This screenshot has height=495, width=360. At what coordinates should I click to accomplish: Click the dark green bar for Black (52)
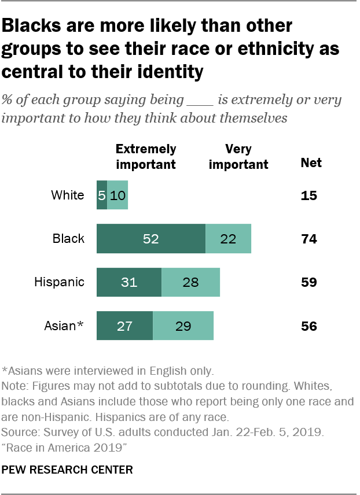point(151,239)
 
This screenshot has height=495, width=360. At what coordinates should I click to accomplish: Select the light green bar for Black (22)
point(228,239)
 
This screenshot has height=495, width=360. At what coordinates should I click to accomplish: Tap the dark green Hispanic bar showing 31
point(129,282)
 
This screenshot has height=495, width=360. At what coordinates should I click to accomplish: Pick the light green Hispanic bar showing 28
point(190,282)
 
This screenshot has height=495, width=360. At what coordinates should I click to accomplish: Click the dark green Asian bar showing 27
point(124,326)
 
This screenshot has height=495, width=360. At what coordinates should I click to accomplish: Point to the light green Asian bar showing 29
point(183,326)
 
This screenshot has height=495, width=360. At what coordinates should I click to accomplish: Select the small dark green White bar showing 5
point(101,195)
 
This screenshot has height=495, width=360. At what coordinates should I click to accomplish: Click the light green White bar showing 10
point(117,195)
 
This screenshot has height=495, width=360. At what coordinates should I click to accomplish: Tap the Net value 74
point(308,239)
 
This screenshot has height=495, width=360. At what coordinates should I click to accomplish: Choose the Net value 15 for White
point(308,195)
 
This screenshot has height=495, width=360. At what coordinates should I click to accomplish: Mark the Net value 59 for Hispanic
point(308,282)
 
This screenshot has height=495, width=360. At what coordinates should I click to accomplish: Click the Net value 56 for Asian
point(308,326)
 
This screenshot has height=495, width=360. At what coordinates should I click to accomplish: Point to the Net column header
point(311,163)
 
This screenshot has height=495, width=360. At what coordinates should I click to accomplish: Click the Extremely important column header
point(146,156)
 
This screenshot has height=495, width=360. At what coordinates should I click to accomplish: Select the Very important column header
point(238,156)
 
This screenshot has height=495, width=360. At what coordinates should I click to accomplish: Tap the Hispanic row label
point(59,282)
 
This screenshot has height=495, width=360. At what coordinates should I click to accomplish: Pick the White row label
point(68,195)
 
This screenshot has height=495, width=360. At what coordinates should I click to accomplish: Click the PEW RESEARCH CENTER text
point(68,470)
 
